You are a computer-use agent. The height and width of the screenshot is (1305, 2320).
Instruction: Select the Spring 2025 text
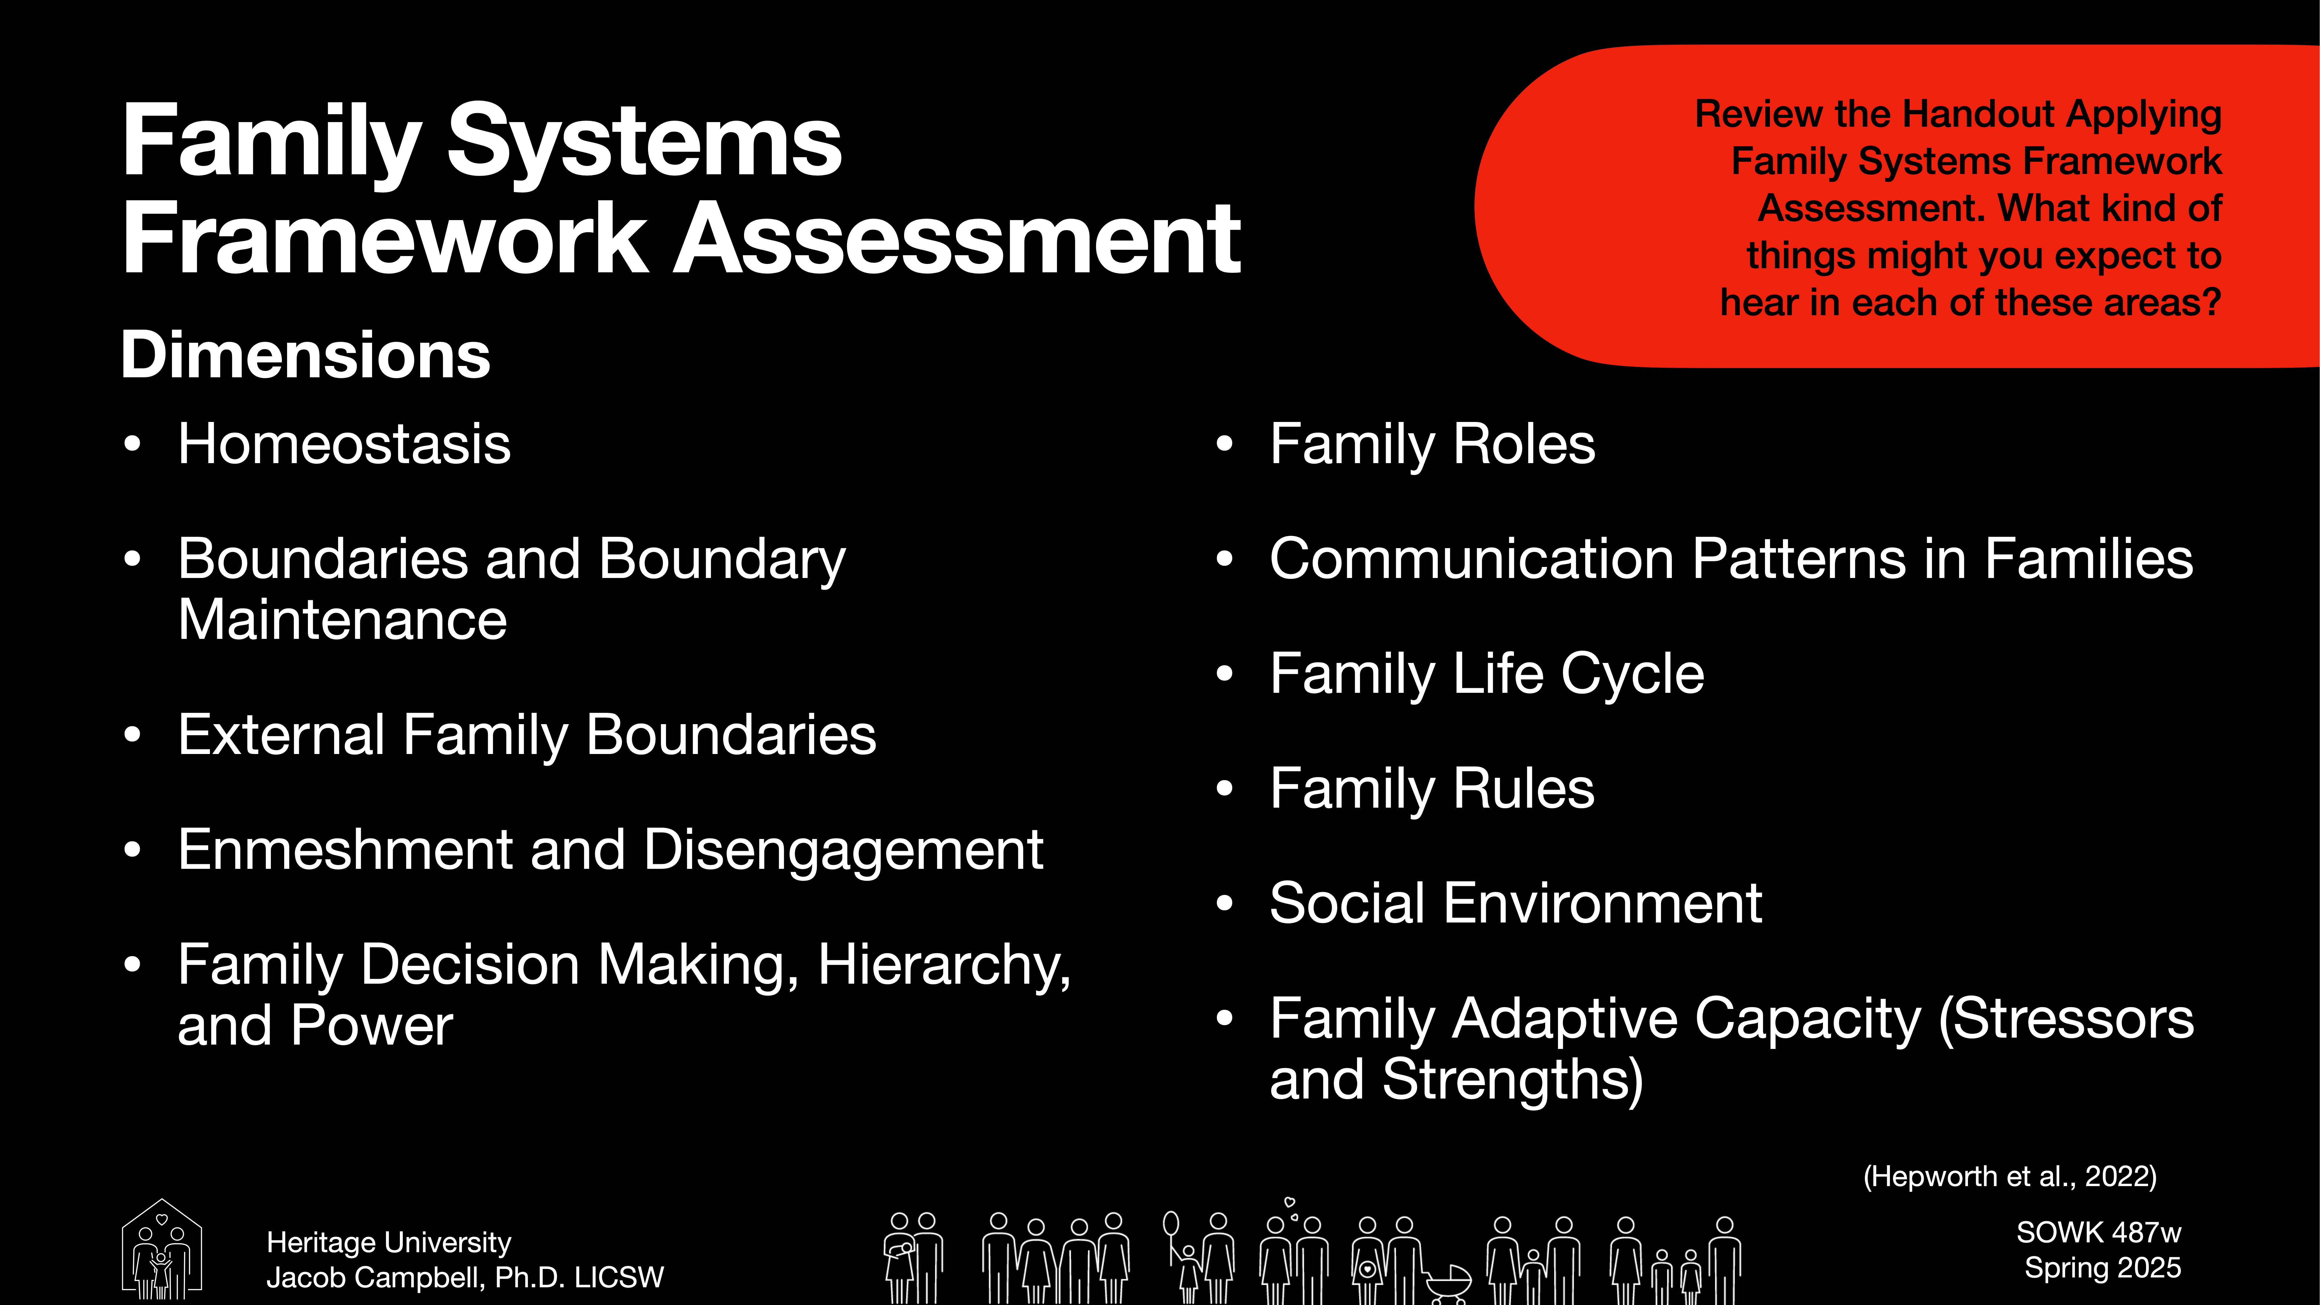coord(2102,1268)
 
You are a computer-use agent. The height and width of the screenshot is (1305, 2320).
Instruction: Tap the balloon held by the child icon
coord(1171,1223)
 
